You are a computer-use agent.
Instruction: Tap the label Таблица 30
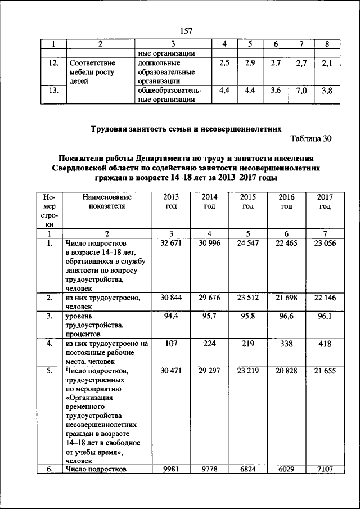[x=312, y=138]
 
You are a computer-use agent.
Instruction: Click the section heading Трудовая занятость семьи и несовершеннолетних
[x=186, y=128]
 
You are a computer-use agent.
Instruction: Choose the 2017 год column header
[x=325, y=201]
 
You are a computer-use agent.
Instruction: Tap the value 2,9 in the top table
[x=250, y=64]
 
